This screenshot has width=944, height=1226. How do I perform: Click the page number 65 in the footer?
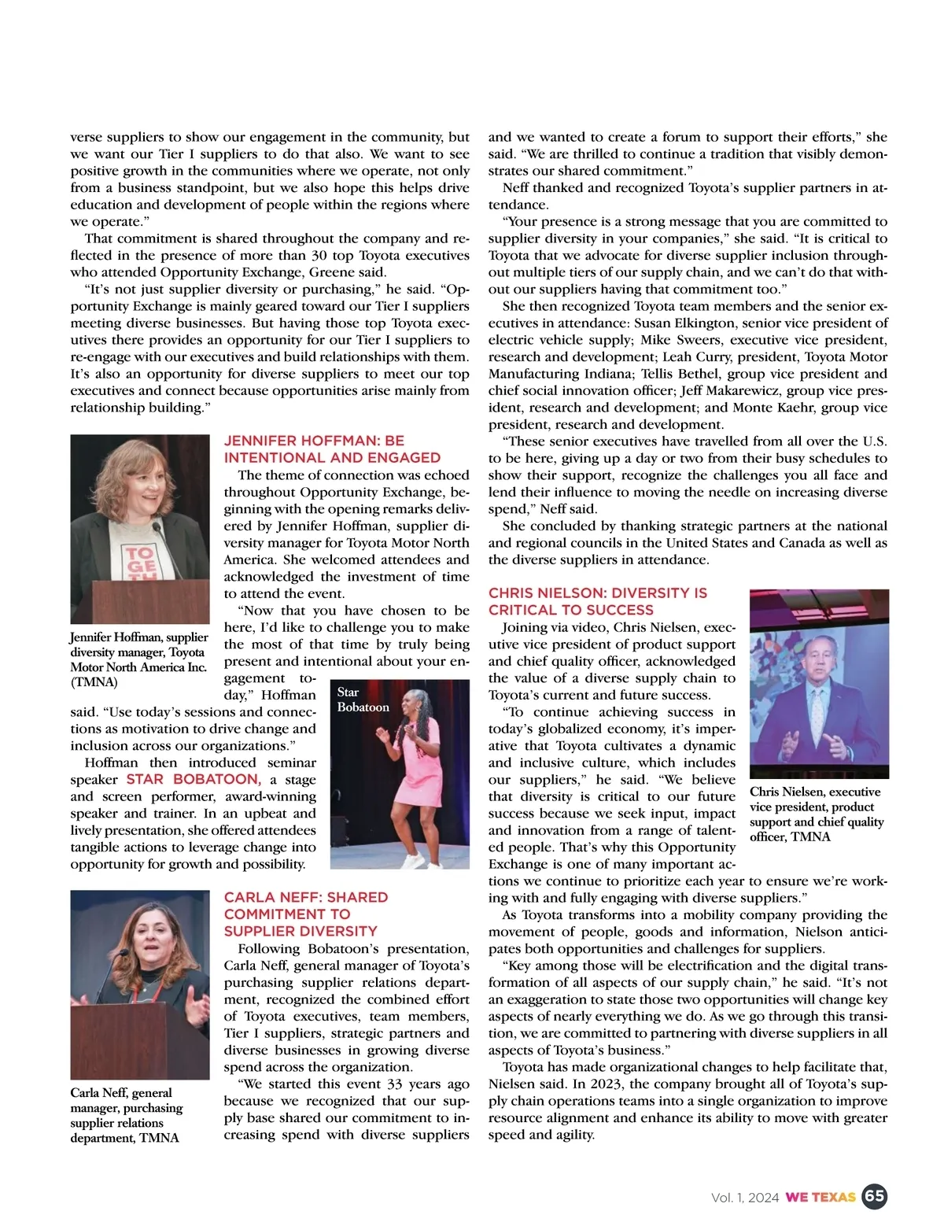(x=874, y=1197)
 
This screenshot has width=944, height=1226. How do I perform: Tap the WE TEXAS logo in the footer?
(x=820, y=1198)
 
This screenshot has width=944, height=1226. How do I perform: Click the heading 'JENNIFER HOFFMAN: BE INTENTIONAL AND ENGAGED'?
(x=332, y=449)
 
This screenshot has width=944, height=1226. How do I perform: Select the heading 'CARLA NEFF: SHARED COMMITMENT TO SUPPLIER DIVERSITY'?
(x=306, y=914)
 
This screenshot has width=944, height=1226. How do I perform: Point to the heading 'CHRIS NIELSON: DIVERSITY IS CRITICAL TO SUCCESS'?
(x=597, y=601)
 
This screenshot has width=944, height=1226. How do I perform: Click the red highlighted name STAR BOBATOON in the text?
(x=193, y=779)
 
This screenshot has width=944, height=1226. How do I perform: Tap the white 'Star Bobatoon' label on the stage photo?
(x=363, y=700)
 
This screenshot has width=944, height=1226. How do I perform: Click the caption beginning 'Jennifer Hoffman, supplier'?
(x=139, y=659)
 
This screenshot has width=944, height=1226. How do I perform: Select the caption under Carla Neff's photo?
(x=127, y=1115)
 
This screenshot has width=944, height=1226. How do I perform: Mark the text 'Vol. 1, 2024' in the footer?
(x=744, y=1198)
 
